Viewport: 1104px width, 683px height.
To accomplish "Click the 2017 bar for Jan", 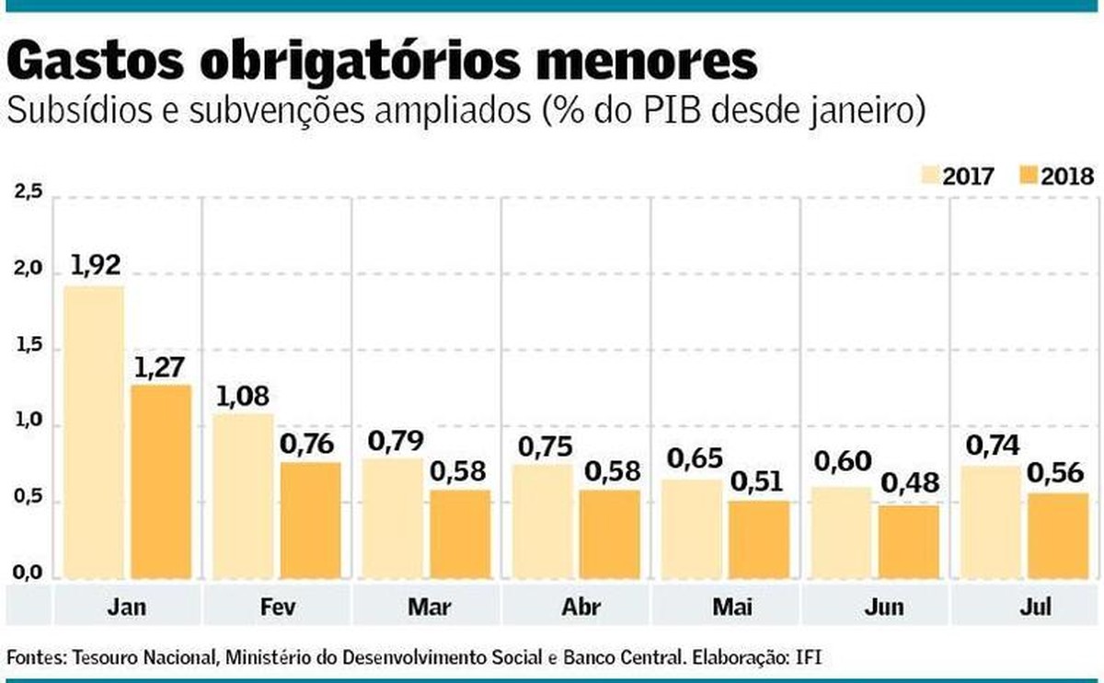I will (x=93, y=433).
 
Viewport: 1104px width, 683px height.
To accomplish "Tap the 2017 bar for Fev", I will (x=243, y=496).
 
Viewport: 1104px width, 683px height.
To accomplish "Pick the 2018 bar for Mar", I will (x=459, y=534).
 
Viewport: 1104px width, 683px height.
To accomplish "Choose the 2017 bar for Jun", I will (x=840, y=533).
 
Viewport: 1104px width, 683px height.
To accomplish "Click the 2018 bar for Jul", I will (x=1057, y=536).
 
